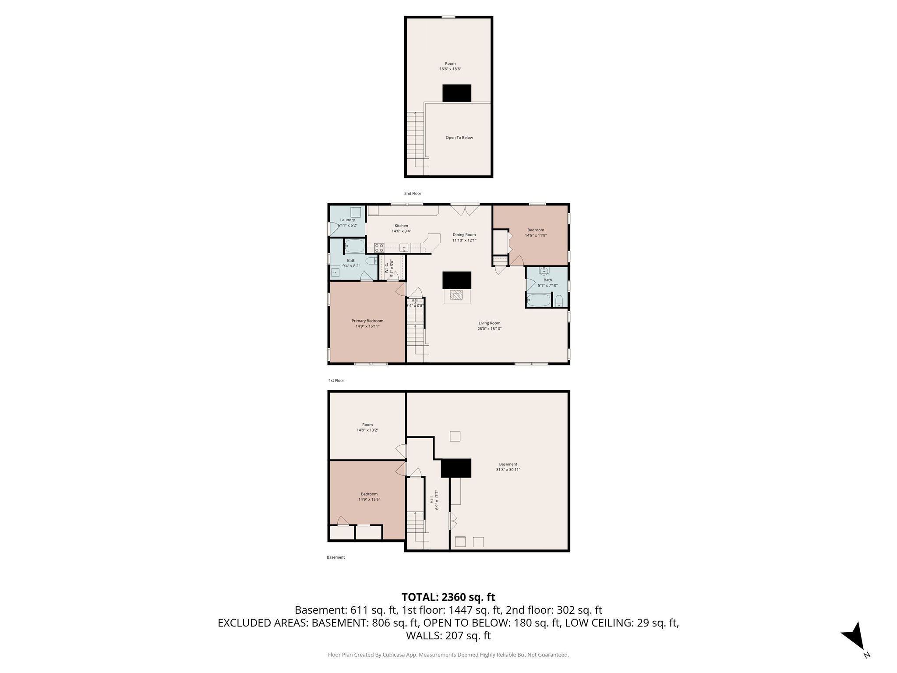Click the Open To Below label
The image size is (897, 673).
point(459,138)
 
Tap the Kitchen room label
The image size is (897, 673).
point(401,226)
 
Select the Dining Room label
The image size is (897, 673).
point(464,235)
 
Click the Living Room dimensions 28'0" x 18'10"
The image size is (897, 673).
point(489,329)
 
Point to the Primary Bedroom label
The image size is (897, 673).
point(367,321)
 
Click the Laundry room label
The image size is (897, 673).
point(347,220)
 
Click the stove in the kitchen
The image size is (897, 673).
point(379,247)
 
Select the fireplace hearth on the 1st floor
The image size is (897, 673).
point(457,296)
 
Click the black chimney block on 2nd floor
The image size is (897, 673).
point(456,93)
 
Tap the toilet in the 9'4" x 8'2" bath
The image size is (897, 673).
point(371,261)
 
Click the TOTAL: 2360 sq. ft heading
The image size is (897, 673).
point(448,597)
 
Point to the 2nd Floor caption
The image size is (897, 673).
point(412,193)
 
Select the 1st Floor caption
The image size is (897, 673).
point(336,380)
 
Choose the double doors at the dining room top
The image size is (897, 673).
point(465,211)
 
